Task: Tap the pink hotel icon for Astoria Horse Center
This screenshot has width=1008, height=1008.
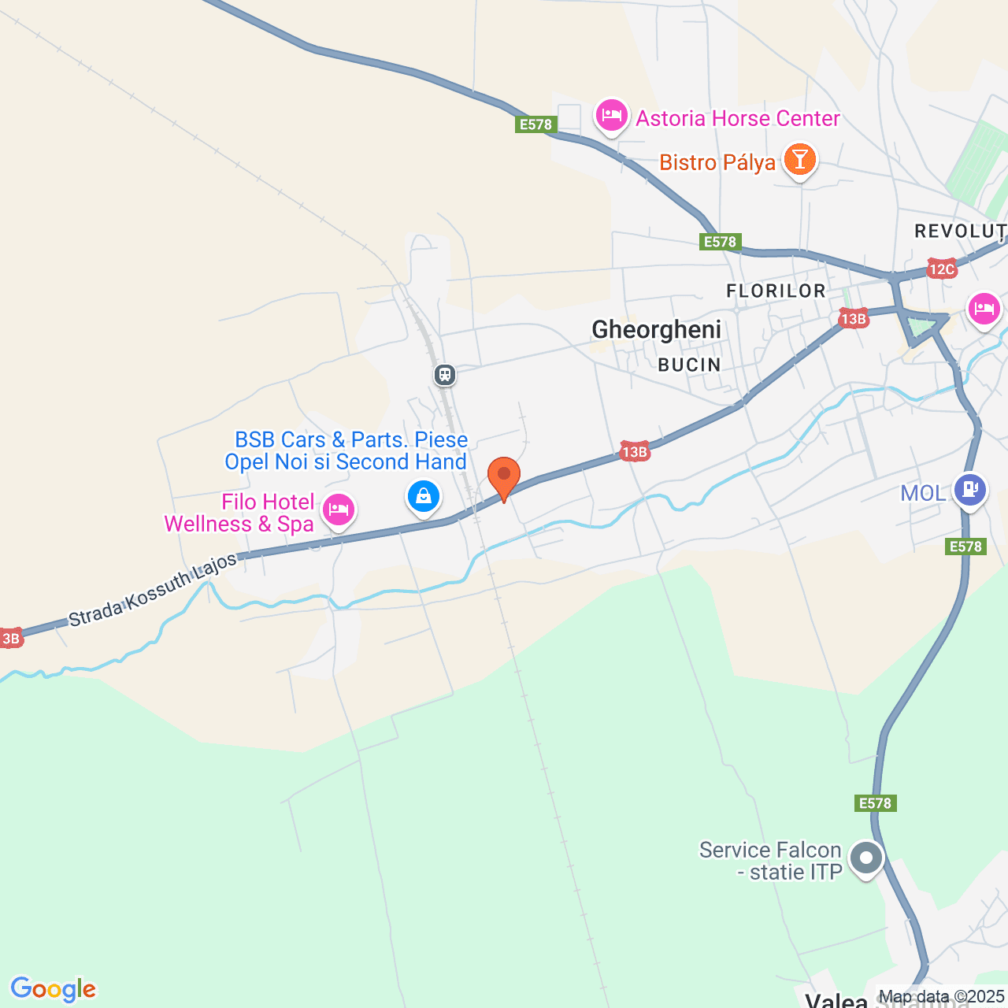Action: pyautogui.click(x=611, y=116)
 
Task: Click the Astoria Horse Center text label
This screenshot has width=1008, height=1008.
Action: pyautogui.click(x=738, y=118)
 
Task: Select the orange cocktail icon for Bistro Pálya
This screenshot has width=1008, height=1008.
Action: pyautogui.click(x=799, y=159)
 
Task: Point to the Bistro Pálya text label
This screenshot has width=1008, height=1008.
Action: pyautogui.click(x=717, y=162)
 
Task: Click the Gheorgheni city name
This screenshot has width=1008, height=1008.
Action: pyautogui.click(x=656, y=329)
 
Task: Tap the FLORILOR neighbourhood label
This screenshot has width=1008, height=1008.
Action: pyautogui.click(x=776, y=291)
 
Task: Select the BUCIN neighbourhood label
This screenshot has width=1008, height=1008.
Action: pyautogui.click(x=689, y=365)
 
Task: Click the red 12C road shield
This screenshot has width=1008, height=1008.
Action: pyautogui.click(x=941, y=269)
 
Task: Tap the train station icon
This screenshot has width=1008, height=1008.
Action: pyautogui.click(x=445, y=374)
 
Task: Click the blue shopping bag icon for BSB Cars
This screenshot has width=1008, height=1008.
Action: pyautogui.click(x=424, y=496)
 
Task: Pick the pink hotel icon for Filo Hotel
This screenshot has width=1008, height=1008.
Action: pyautogui.click(x=339, y=510)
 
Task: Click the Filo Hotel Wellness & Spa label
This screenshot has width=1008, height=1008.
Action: pyautogui.click(x=239, y=513)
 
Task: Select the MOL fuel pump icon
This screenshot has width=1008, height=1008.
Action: pyautogui.click(x=969, y=490)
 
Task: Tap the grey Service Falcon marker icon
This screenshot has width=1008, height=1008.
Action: pyautogui.click(x=866, y=858)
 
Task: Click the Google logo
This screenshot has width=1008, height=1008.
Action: pyautogui.click(x=54, y=989)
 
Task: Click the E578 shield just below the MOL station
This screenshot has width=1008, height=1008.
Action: pyautogui.click(x=965, y=547)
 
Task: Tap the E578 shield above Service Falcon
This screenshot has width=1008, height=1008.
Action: pyautogui.click(x=875, y=803)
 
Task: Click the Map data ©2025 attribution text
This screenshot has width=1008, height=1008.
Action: pyautogui.click(x=941, y=996)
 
